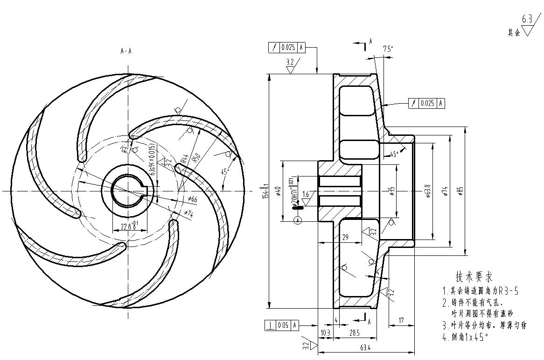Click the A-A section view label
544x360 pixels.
(x=126, y=51)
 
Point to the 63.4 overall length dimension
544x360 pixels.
(x=365, y=348)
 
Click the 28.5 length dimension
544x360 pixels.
(x=355, y=332)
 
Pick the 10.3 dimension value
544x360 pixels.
(x=326, y=332)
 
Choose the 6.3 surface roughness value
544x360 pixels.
(x=527, y=20)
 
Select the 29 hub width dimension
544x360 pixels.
(x=345, y=238)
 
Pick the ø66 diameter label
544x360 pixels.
(x=192, y=199)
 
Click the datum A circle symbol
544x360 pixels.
(x=299, y=220)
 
